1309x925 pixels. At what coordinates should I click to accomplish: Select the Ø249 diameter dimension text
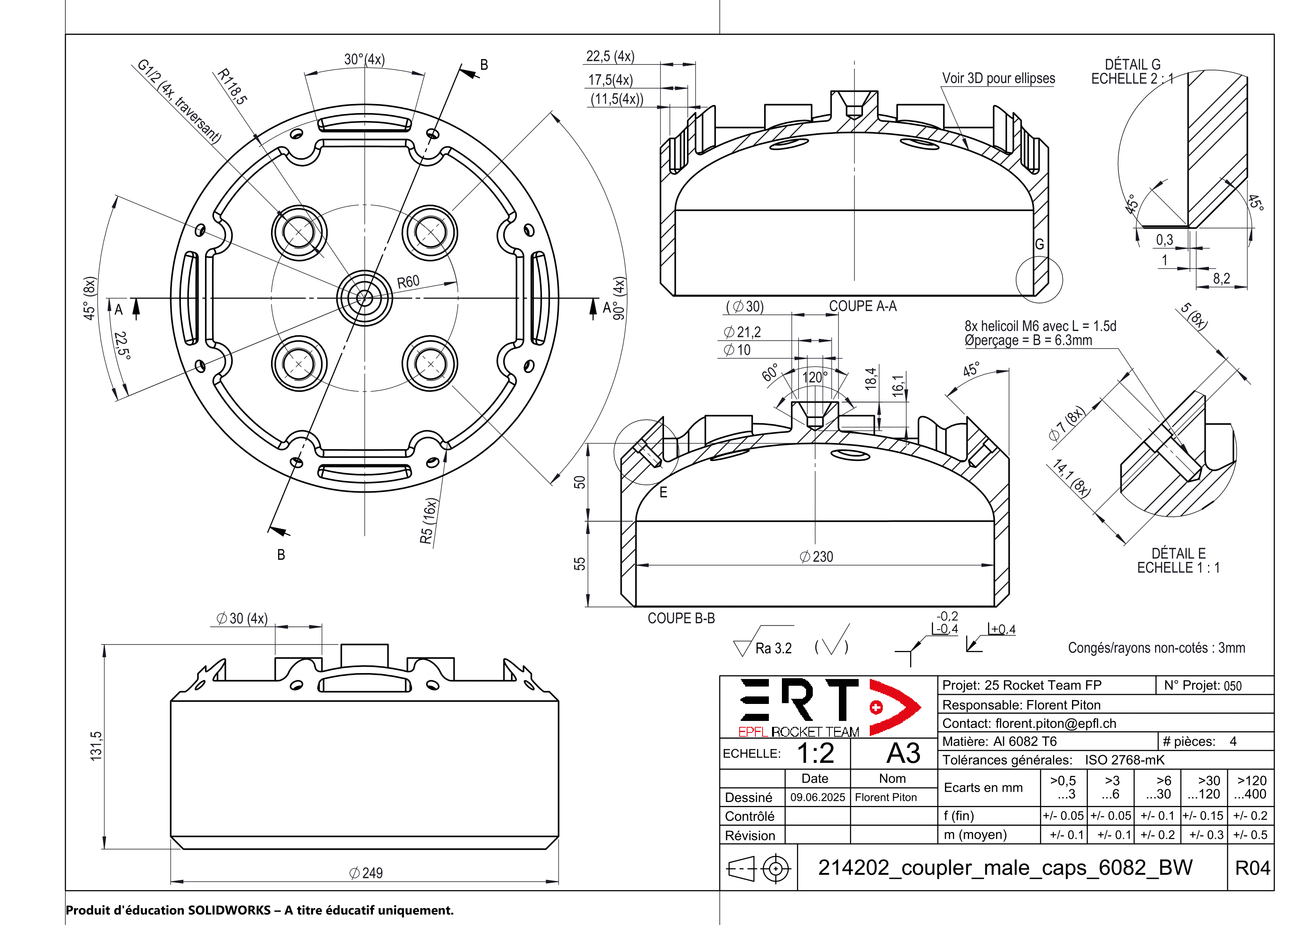366,872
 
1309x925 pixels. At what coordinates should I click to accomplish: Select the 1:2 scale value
815,753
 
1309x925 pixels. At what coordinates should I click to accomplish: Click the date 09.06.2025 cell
817,797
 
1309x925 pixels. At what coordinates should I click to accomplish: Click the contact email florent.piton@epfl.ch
1055,723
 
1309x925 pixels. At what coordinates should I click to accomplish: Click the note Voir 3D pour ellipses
998,78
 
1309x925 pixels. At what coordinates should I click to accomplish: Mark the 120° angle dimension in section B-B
815,377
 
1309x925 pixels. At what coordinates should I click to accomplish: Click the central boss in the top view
364,297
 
